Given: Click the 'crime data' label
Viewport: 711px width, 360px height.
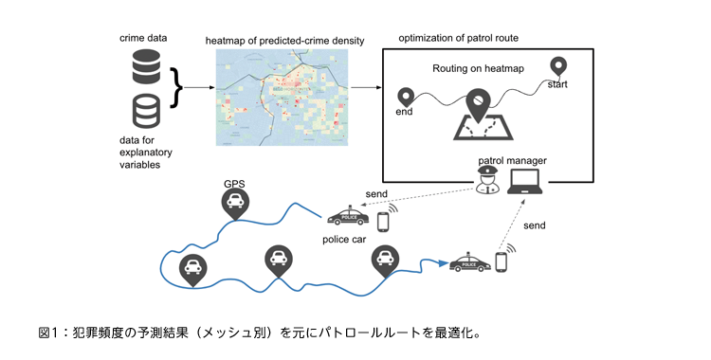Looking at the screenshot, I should pyautogui.click(x=141, y=38).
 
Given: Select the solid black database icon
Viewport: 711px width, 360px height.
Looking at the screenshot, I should pyautogui.click(x=146, y=67).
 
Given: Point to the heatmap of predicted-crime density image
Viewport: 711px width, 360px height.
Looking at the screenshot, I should pyautogui.click(x=283, y=98).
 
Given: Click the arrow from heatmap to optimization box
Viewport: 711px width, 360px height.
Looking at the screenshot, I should pyautogui.click(x=365, y=88).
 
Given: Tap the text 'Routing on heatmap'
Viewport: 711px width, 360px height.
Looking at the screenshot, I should pyautogui.click(x=478, y=69).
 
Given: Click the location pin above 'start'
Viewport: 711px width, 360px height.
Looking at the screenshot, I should pyautogui.click(x=558, y=67).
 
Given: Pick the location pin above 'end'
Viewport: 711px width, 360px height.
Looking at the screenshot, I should pyautogui.click(x=406, y=97).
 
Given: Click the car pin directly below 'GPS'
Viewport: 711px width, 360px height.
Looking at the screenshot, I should pyautogui.click(x=234, y=202).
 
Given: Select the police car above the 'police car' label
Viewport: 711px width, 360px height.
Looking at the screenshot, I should pyautogui.click(x=347, y=216).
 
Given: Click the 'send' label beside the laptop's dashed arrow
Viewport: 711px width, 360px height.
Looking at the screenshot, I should pyautogui.click(x=535, y=226).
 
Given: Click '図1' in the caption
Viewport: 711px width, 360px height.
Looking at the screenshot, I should pyautogui.click(x=49, y=333).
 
